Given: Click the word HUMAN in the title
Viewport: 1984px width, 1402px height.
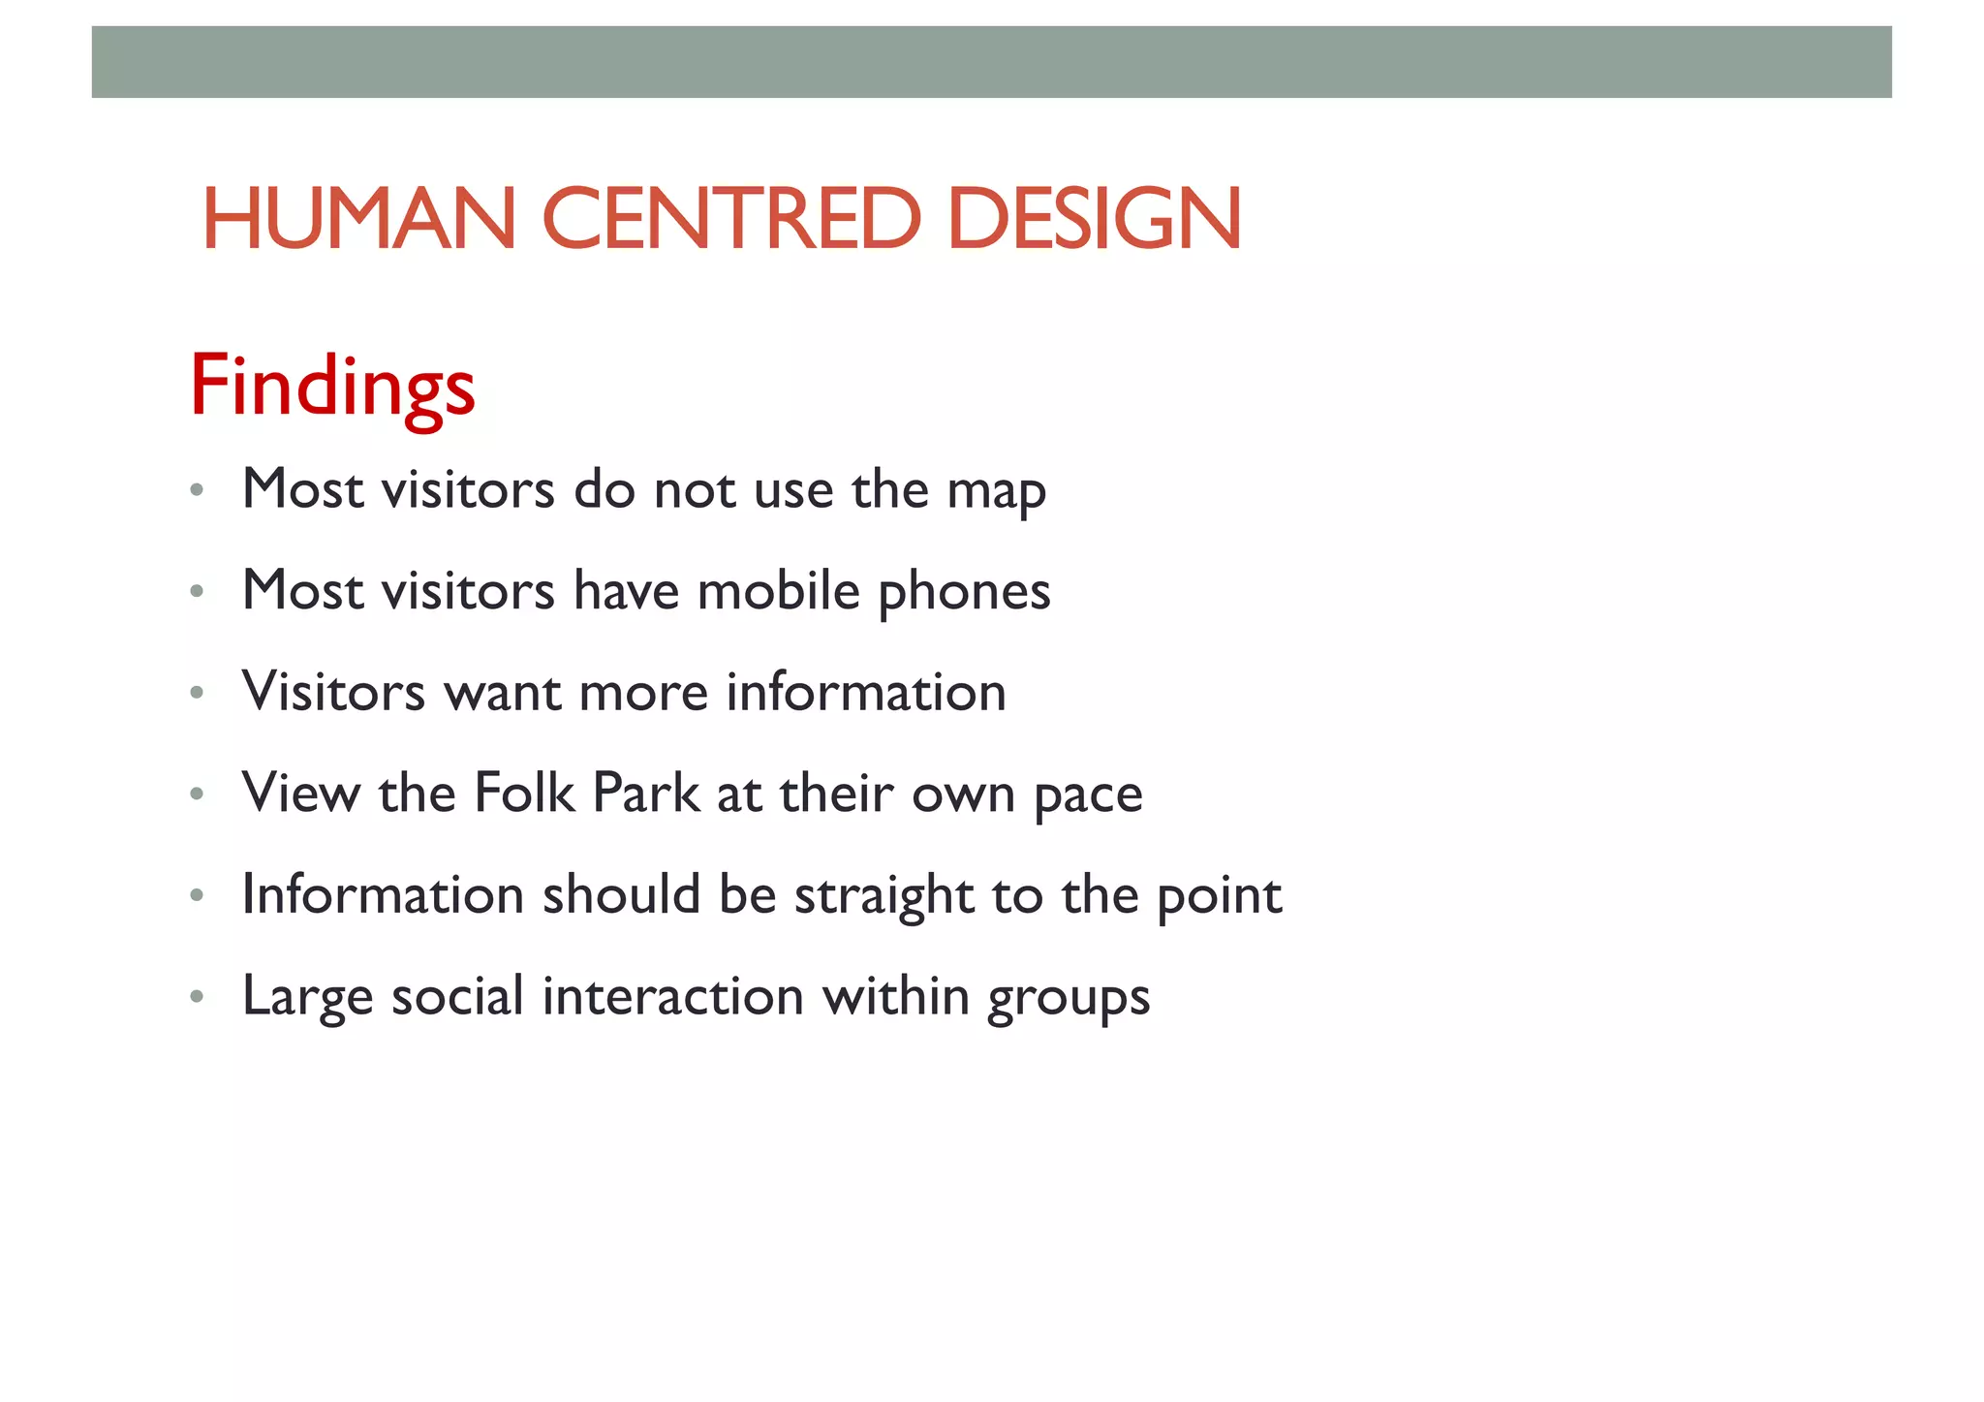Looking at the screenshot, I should coord(358,219).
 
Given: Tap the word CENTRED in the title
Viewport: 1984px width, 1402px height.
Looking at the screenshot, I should coord(730,219).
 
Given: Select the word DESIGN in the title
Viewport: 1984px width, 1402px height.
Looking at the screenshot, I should coord(1095,219).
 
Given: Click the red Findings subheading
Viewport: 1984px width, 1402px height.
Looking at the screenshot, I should coord(332,386).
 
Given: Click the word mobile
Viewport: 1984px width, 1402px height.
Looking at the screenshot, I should coord(778,591).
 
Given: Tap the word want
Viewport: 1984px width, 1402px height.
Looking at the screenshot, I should coord(502,694).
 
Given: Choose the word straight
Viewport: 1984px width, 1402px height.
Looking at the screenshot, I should coord(883,896).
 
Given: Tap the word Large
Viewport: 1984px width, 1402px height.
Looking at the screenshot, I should coord(307,998).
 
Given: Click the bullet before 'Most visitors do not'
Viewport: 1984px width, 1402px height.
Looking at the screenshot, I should coord(197,490).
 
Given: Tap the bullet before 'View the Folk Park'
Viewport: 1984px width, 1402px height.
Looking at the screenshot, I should coord(197,794).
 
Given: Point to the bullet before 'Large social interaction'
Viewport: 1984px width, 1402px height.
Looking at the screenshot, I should coord(197,997).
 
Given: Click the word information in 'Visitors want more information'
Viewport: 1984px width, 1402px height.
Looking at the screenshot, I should coord(866,693).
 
